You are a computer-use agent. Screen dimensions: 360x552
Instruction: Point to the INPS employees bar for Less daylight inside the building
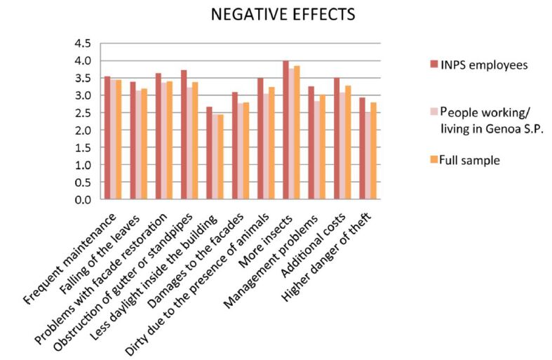[x=209, y=153]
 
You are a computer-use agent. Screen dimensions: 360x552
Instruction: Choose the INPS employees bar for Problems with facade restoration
[x=159, y=136]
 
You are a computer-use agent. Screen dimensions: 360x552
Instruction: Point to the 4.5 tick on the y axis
[x=83, y=44]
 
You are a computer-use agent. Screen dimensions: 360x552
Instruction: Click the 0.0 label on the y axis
[x=83, y=199]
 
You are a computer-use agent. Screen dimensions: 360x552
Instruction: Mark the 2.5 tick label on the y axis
[x=83, y=113]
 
